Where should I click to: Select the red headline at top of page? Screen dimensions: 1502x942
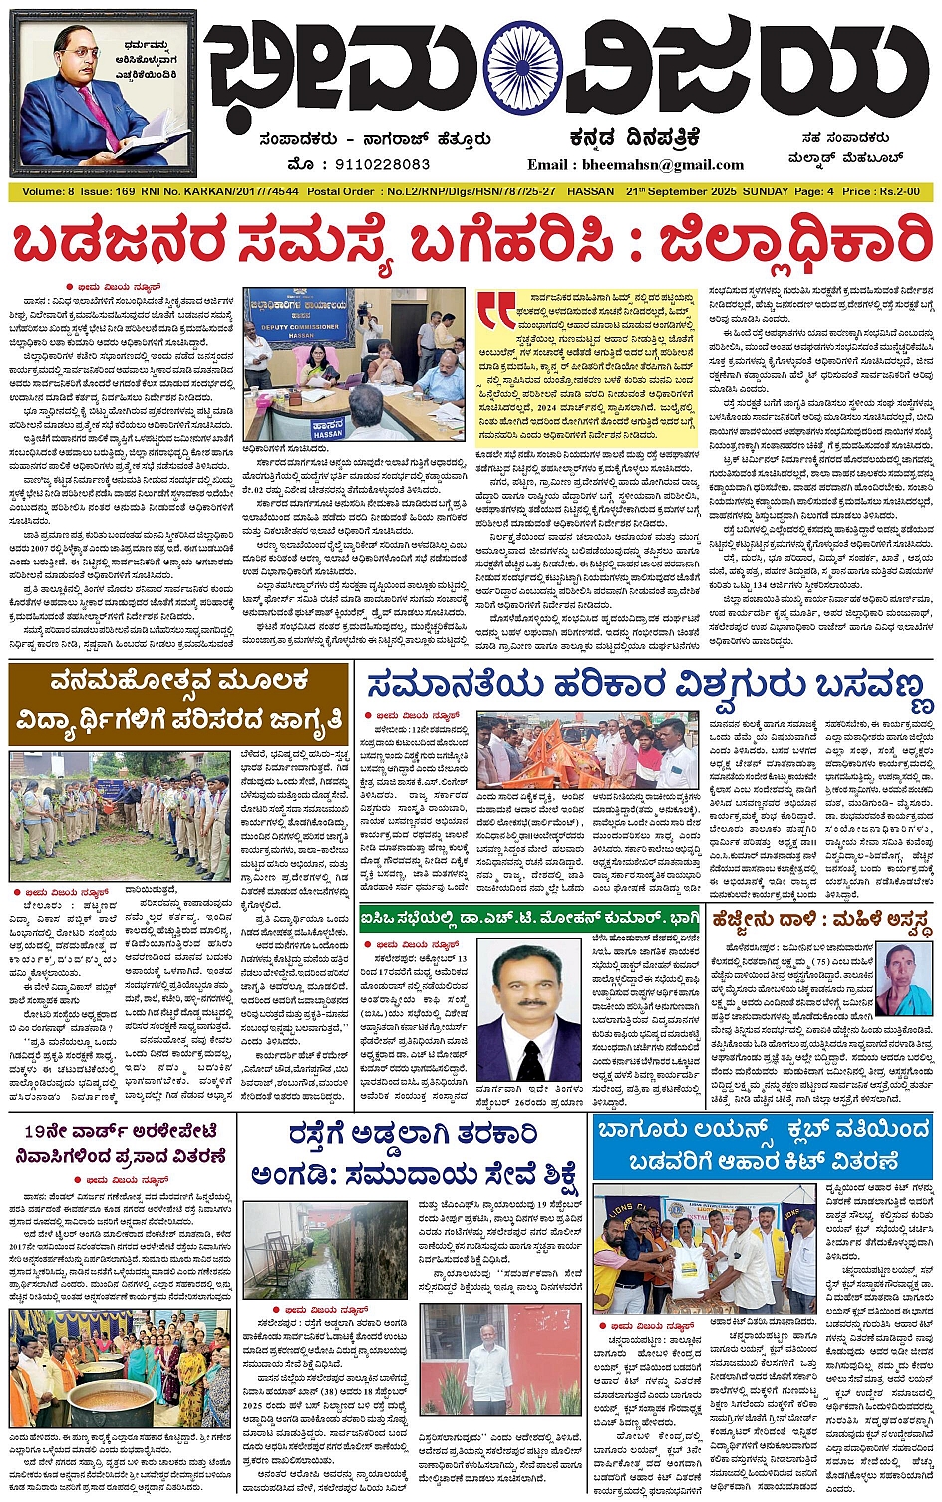(x=471, y=245)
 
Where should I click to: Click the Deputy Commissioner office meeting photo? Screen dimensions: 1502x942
(x=354, y=364)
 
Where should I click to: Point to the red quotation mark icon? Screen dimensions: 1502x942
(x=496, y=309)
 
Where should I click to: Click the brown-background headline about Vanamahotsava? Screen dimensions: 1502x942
(x=180, y=702)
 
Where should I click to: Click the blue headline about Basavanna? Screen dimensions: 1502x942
(x=648, y=686)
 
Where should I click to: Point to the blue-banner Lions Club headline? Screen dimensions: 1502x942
(x=762, y=1146)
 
